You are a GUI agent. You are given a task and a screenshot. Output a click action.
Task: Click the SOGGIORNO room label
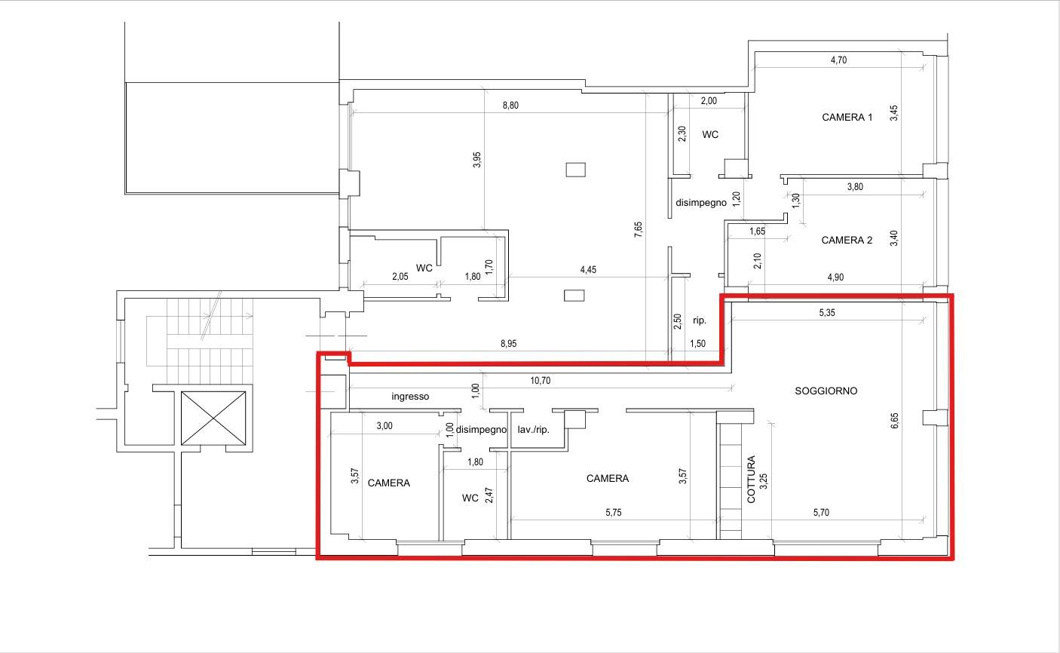826,391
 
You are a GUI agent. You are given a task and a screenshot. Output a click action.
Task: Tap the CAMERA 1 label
847,118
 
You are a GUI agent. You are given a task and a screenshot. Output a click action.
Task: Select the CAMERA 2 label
847,241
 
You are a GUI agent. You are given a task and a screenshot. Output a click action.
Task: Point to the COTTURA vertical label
751,479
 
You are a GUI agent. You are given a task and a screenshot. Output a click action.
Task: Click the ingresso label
410,397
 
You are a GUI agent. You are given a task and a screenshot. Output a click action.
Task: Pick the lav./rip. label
533,430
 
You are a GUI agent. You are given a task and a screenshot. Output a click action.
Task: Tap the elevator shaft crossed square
213,418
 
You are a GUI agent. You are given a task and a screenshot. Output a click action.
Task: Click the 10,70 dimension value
540,381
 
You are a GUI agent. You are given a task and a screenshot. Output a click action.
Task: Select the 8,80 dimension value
510,105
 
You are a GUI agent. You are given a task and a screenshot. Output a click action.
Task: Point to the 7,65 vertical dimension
639,229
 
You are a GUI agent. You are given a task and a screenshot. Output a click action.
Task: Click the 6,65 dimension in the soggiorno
894,421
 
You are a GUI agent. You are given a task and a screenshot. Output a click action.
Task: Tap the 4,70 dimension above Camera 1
838,60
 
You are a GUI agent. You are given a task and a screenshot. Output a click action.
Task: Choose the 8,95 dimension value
509,344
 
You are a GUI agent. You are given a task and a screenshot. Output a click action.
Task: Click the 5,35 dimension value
827,312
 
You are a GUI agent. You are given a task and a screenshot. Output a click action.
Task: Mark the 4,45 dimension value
588,270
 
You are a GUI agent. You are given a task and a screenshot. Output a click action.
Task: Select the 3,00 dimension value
384,426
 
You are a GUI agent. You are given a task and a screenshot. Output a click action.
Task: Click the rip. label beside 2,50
700,320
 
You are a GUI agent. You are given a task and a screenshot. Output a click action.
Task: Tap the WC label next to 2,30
710,135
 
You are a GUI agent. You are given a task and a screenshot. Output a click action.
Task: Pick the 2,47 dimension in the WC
489,495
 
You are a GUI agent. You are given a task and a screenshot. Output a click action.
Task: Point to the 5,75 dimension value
613,513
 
